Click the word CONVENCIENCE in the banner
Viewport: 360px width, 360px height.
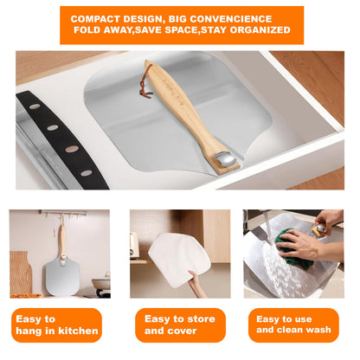click(231, 19)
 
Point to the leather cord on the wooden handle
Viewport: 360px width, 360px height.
click(145, 82)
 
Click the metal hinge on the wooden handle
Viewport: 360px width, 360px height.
click(225, 159)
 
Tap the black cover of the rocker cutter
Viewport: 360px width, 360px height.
click(63, 140)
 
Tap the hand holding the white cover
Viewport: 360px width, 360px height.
click(196, 284)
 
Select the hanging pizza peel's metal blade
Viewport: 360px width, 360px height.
click(62, 276)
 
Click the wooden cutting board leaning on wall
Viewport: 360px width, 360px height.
click(21, 273)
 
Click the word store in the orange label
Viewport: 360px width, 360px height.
click(202, 318)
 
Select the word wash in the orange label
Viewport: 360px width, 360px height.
click(319, 330)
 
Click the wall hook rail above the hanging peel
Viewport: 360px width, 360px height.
click(64, 213)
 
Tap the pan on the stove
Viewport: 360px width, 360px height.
click(101, 283)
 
